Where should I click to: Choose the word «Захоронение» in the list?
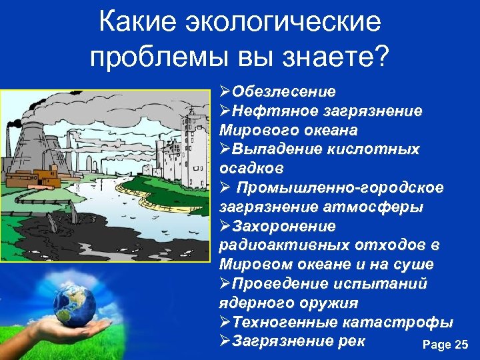tap(283, 226)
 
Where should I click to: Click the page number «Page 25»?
tap(445, 345)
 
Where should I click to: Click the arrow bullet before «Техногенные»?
tap(225, 322)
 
